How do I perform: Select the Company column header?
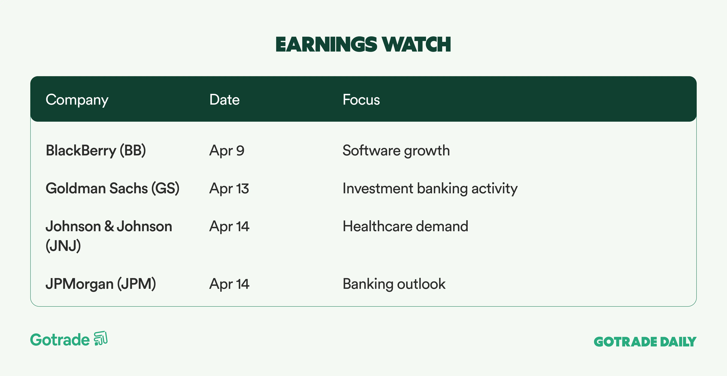pos(77,100)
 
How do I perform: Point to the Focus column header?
pos(361,100)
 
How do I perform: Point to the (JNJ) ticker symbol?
pos(63,245)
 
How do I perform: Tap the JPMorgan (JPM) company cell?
pos(101,284)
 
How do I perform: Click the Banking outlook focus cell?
pos(394,284)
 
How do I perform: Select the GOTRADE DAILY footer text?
pos(645,342)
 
